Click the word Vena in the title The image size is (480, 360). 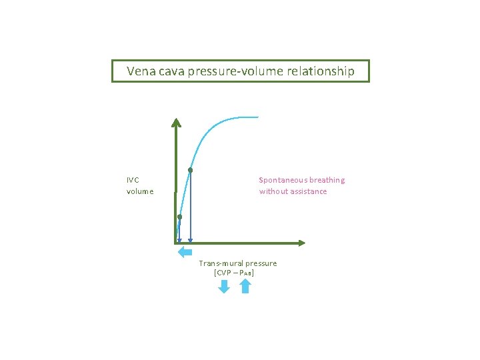click(x=141, y=71)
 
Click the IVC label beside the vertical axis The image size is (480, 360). click(x=133, y=179)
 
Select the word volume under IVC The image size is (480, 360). click(x=140, y=191)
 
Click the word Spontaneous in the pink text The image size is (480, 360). click(x=283, y=180)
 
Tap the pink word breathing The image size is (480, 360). click(x=327, y=180)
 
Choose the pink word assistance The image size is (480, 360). click(x=307, y=191)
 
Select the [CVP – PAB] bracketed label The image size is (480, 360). click(x=234, y=273)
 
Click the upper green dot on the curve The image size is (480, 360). click(x=190, y=171)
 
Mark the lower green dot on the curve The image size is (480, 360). click(x=179, y=217)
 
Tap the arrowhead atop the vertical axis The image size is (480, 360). click(x=176, y=122)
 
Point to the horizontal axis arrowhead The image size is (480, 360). click(x=301, y=243)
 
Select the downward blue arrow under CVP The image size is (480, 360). click(x=224, y=286)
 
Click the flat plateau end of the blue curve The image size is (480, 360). click(x=252, y=117)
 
